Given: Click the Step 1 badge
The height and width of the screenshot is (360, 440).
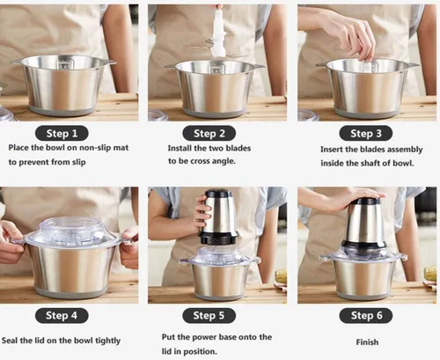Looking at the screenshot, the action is [62, 134].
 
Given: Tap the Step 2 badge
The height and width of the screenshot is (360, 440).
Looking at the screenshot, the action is [209, 134].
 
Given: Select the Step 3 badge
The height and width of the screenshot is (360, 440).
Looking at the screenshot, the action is [366, 134].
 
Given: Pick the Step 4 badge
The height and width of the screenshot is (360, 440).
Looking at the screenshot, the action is [62, 315].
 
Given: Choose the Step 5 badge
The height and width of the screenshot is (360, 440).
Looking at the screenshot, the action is [209, 315].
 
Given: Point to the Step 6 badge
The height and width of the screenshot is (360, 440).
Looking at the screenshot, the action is [366, 315].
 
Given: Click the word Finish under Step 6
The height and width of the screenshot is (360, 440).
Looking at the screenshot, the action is [367, 342].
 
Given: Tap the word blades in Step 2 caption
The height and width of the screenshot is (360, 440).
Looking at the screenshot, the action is [237, 148].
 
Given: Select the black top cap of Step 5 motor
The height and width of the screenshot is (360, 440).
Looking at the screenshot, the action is [219, 193].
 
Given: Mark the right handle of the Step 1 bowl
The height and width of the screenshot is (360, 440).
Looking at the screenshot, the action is [110, 62].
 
